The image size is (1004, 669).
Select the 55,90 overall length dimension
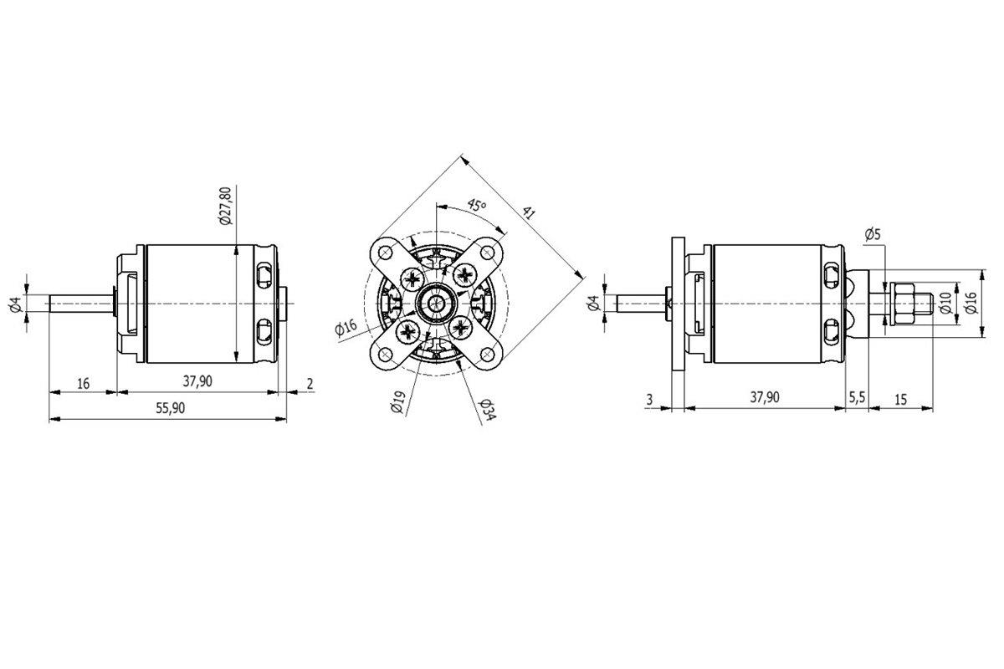point(171,408)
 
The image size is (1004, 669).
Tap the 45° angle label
point(476,205)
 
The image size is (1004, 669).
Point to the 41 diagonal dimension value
point(529,213)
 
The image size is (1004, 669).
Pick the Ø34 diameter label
point(487,410)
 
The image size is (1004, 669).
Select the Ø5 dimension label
point(873,234)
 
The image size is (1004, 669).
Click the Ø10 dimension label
point(946,304)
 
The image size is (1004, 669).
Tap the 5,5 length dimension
point(857,398)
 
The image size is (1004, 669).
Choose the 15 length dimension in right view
point(900,399)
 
